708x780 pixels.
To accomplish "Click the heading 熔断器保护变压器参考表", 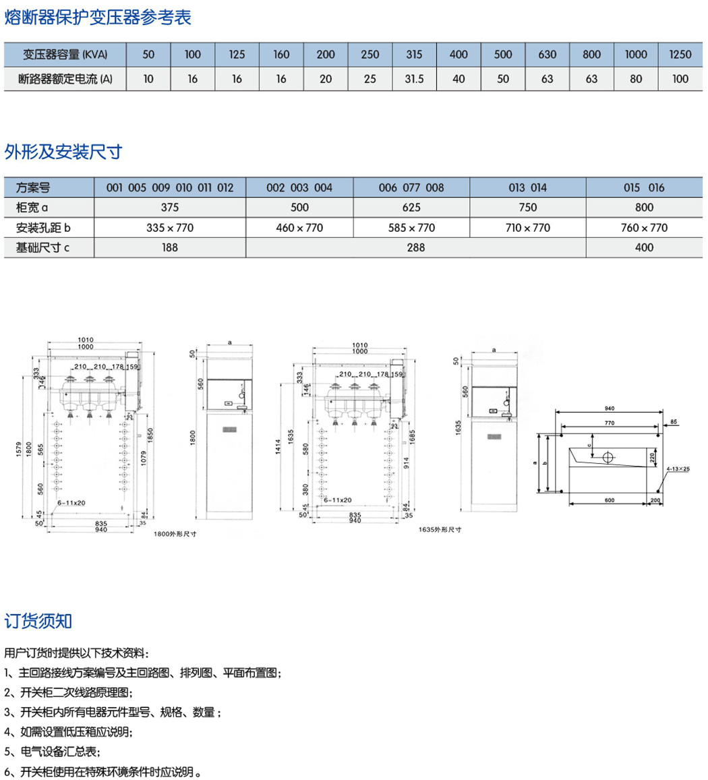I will click(x=98, y=18).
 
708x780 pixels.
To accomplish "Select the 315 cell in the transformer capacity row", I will click(x=415, y=55).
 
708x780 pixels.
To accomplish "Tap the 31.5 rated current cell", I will click(x=415, y=79).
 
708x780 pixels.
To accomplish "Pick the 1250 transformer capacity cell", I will click(x=680, y=55).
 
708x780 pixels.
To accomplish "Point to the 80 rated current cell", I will click(x=636, y=79).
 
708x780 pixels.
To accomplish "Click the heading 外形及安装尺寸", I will click(x=63, y=152).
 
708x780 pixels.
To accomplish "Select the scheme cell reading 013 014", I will click(x=527, y=188).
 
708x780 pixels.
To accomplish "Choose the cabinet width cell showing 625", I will click(x=411, y=208).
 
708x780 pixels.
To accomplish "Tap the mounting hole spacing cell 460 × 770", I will click(x=299, y=228).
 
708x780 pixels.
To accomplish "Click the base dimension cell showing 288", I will click(x=416, y=247).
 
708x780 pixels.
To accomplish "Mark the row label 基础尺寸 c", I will click(x=47, y=247).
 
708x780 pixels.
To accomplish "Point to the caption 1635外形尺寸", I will click(x=440, y=530).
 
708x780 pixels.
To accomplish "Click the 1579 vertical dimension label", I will click(x=18, y=458).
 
